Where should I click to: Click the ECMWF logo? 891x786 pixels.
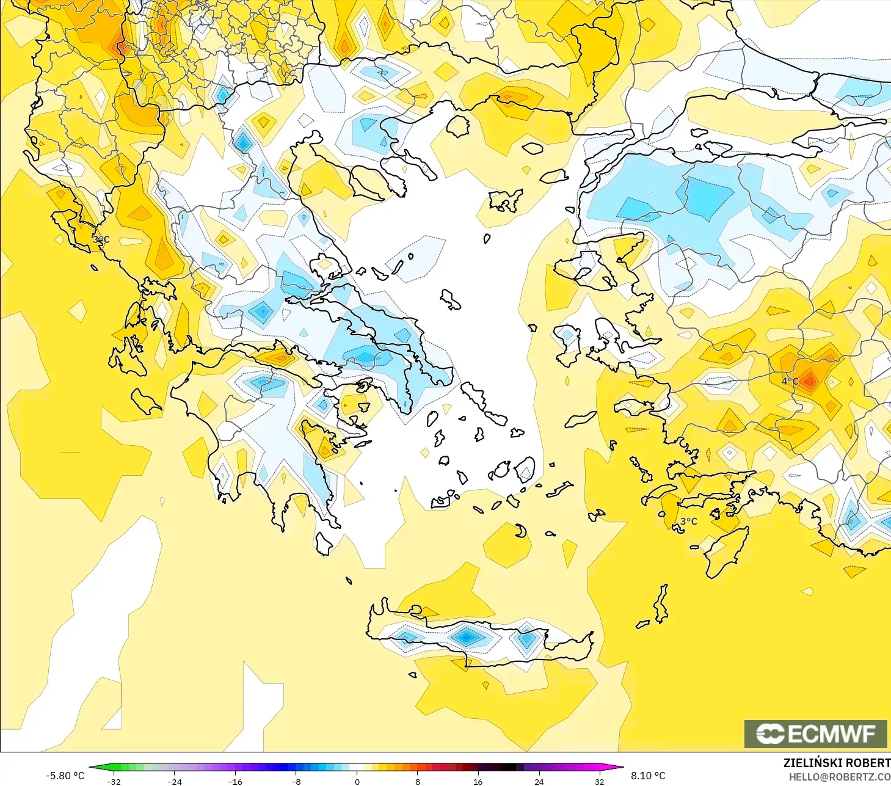point(815,733)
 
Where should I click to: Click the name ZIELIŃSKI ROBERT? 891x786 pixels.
point(837,763)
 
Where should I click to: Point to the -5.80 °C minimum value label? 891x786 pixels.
point(65,776)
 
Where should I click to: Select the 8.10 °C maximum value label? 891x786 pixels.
point(648,776)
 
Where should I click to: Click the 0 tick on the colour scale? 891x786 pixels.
point(357,781)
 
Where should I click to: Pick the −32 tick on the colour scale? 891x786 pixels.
point(114,781)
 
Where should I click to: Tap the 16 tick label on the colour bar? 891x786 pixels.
point(478,781)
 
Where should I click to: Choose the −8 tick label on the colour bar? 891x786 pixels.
point(296,781)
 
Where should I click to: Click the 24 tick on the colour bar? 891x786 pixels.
point(539,781)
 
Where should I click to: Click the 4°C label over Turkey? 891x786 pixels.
point(790,381)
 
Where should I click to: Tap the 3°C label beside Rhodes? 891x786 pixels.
point(688,521)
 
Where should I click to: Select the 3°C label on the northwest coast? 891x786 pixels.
point(101,239)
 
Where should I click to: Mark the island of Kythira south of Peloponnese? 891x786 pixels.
point(324,543)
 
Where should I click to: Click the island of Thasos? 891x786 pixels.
point(457,125)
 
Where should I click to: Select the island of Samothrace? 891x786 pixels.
point(532,148)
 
